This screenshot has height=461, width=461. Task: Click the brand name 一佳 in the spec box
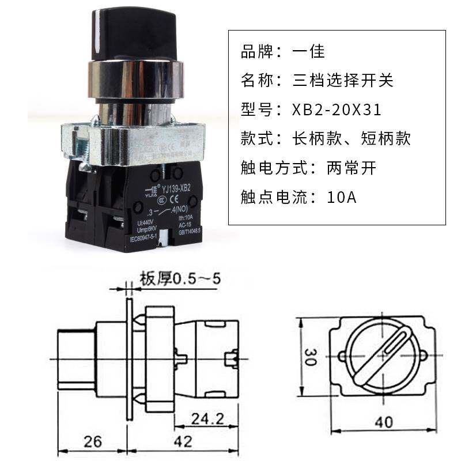[311, 51]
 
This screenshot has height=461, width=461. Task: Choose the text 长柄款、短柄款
[352, 138]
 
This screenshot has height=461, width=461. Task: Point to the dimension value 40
[382, 422]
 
